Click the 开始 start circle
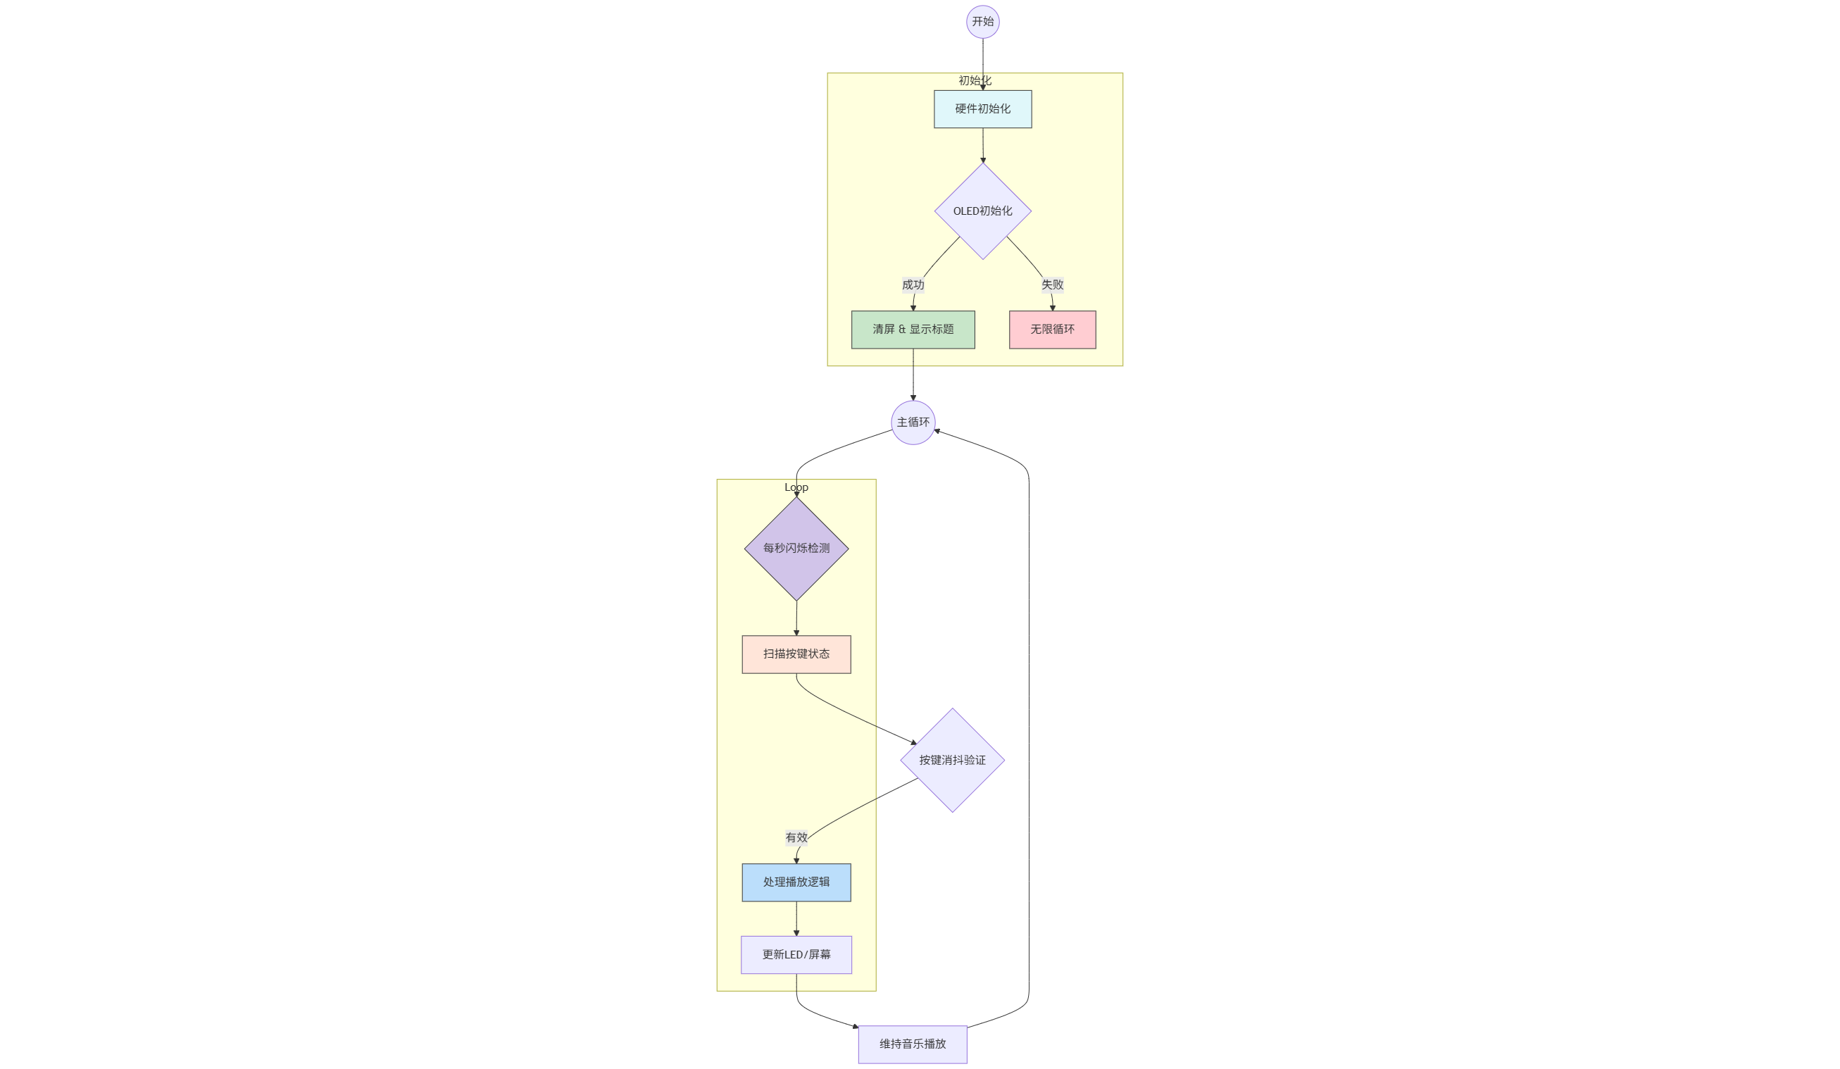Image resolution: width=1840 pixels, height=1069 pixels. coord(983,22)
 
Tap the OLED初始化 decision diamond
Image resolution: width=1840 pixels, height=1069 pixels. coord(983,211)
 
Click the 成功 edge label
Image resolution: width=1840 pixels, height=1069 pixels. coord(913,285)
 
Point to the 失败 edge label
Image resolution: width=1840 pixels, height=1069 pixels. coord(1052,285)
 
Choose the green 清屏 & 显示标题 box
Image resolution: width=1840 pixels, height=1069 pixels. coord(913,330)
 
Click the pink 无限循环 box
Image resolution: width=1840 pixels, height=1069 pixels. coord(1052,330)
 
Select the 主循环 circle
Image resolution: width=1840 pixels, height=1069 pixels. coord(913,423)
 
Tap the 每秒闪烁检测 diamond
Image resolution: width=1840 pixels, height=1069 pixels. coord(796,549)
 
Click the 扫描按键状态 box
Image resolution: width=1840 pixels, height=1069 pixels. coord(796,654)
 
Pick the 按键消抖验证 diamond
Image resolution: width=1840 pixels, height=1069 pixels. coord(952,760)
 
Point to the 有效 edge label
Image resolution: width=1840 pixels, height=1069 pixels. coord(796,837)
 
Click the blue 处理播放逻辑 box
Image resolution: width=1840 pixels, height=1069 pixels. coord(796,883)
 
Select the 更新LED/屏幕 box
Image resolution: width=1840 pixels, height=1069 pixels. coord(796,955)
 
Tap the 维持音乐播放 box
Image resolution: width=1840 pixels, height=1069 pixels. coord(913,1045)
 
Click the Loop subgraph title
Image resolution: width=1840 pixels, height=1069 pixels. coord(796,488)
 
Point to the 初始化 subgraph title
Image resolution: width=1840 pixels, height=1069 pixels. coord(975,81)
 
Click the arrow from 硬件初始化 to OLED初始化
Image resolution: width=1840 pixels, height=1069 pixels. coord(983,145)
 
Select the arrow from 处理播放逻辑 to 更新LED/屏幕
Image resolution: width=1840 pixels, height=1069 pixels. coord(796,919)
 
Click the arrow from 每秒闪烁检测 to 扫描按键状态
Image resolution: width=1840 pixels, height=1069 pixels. coord(796,618)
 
